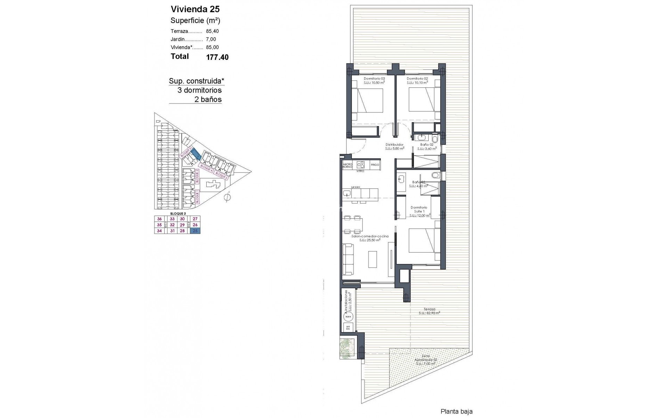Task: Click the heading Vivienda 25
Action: tap(195, 9)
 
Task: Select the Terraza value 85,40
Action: tap(212, 31)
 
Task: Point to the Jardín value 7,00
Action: tap(211, 39)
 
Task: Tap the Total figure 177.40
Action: tap(217, 57)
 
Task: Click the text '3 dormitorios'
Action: tap(199, 90)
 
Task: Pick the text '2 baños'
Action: tap(208, 100)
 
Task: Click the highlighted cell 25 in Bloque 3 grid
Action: tap(195, 231)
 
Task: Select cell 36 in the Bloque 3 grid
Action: tap(159, 219)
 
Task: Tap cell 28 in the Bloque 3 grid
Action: tap(182, 231)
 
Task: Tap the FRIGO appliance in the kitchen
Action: tap(375, 165)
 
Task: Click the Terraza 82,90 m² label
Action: tap(429, 311)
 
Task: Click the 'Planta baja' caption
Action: tap(456, 411)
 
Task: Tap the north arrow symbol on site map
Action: tap(228, 197)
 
